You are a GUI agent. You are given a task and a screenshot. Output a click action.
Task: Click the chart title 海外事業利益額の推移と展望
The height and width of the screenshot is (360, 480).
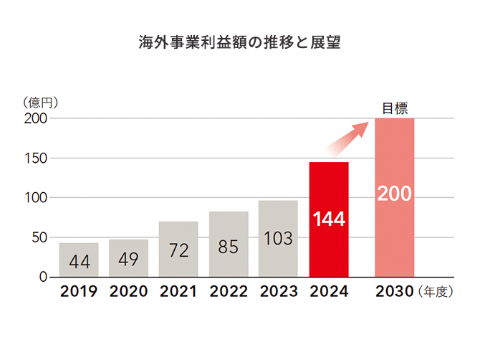239,42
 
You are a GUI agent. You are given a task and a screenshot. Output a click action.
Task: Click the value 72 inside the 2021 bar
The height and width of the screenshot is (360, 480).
178,252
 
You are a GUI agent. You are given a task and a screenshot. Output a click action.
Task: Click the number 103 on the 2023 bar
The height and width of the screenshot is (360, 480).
278,239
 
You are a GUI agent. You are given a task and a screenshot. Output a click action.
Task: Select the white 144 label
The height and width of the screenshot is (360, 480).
329,219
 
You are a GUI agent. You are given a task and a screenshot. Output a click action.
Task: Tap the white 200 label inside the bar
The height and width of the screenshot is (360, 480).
395,194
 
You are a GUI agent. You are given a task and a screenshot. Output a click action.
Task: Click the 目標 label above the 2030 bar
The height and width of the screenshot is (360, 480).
395,109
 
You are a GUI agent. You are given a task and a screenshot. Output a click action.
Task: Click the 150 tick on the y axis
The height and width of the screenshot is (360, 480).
36,158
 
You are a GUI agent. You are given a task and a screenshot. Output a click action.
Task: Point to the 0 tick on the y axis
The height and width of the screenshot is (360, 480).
43,277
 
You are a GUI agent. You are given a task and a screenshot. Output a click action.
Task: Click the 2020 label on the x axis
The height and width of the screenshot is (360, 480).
129,292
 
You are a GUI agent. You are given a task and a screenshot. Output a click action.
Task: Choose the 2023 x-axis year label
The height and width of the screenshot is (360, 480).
278,292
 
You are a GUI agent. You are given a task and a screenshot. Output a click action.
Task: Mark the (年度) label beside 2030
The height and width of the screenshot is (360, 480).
437,293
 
